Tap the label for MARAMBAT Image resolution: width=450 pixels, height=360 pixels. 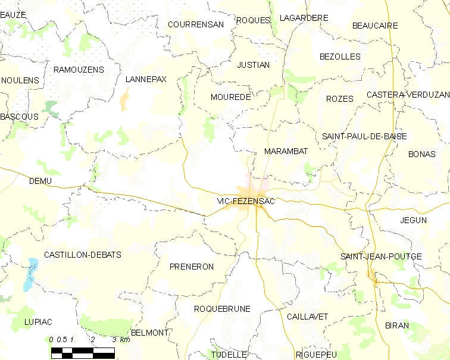(286, 152)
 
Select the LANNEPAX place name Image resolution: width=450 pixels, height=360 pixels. (146, 79)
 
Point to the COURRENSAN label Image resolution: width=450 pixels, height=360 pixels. (196, 24)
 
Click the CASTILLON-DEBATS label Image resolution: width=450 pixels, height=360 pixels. (82, 255)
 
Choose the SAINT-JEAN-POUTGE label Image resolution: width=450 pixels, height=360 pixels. (381, 256)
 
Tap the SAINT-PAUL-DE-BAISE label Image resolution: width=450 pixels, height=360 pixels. (364, 136)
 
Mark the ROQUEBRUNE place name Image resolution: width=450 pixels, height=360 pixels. (222, 309)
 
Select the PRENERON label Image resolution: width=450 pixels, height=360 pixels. (191, 267)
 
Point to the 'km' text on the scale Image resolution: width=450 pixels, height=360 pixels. (124, 340)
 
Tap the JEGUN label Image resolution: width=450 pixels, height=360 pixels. (414, 220)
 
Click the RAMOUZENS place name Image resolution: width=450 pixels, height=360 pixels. (79, 70)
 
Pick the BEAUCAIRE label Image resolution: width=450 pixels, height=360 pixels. (375, 26)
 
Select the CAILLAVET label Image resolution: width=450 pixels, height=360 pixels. (307, 317)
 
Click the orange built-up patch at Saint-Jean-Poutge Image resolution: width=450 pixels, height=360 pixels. (373, 275)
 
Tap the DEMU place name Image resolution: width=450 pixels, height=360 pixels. (40, 181)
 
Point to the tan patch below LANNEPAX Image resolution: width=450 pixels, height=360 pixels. (124, 99)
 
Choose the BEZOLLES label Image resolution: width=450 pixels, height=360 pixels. (340, 57)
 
